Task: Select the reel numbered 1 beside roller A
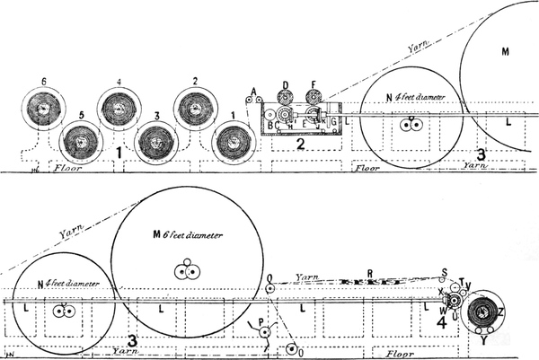[233, 142]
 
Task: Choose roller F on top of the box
[314, 97]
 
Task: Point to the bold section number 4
[442, 321]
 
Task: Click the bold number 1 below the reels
[119, 154]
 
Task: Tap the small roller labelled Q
[269, 288]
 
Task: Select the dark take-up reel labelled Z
[486, 313]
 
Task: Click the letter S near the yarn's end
[443, 272]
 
